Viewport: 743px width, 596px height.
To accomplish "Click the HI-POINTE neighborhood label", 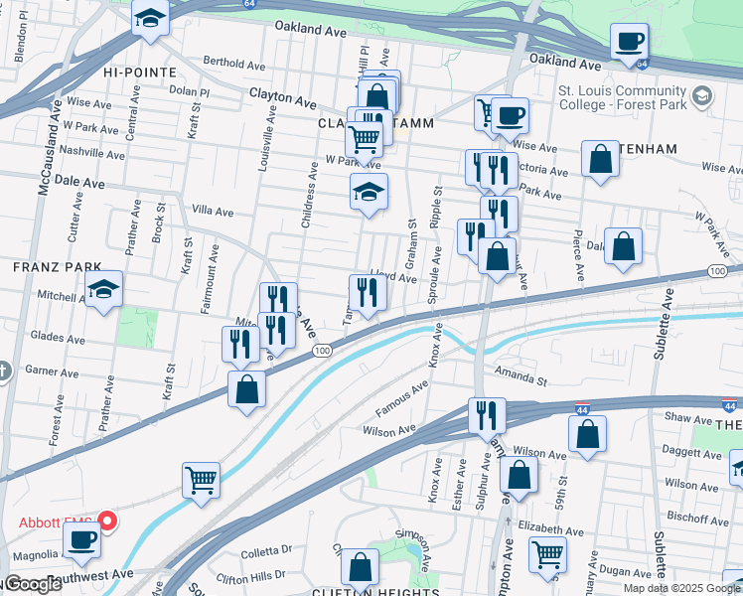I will pos(139,73).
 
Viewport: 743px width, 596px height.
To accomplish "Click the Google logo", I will pos(33,585).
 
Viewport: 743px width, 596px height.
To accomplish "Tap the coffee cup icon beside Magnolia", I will pos(81,539).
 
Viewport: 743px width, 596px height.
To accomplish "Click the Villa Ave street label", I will pos(212,212).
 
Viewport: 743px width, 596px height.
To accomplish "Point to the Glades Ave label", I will pos(55,337).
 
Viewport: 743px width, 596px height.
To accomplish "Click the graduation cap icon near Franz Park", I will pos(103,289).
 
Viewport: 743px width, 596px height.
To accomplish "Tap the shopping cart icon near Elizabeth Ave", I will pos(547,554).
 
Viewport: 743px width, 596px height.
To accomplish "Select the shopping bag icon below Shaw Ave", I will pos(587,433).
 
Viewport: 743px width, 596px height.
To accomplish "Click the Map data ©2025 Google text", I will pos(681,587).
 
